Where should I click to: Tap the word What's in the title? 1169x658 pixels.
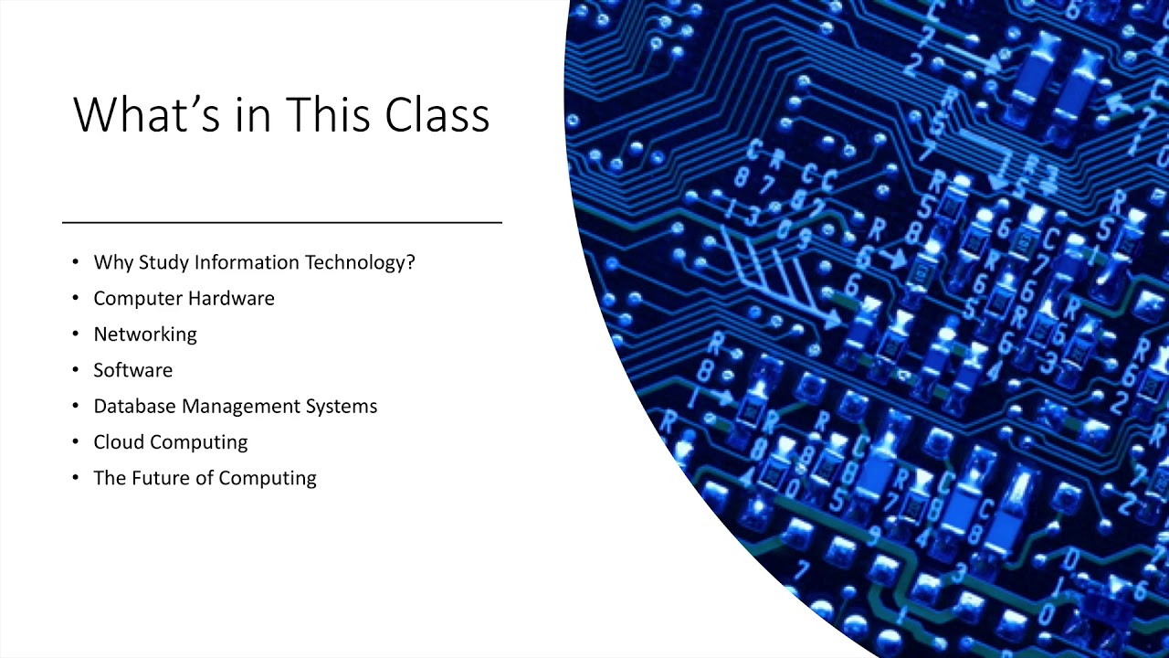point(147,115)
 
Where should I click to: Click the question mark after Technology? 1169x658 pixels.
point(410,262)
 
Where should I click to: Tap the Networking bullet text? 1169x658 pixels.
point(145,334)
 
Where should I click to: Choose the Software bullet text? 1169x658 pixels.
point(132,370)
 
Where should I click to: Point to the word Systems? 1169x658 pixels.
point(341,406)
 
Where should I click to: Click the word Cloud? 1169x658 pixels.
point(119,441)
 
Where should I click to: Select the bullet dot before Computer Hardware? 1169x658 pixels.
point(76,299)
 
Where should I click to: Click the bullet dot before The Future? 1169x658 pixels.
point(76,478)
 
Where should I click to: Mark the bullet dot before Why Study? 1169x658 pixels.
point(76,263)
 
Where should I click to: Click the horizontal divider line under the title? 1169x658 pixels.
point(282,222)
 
